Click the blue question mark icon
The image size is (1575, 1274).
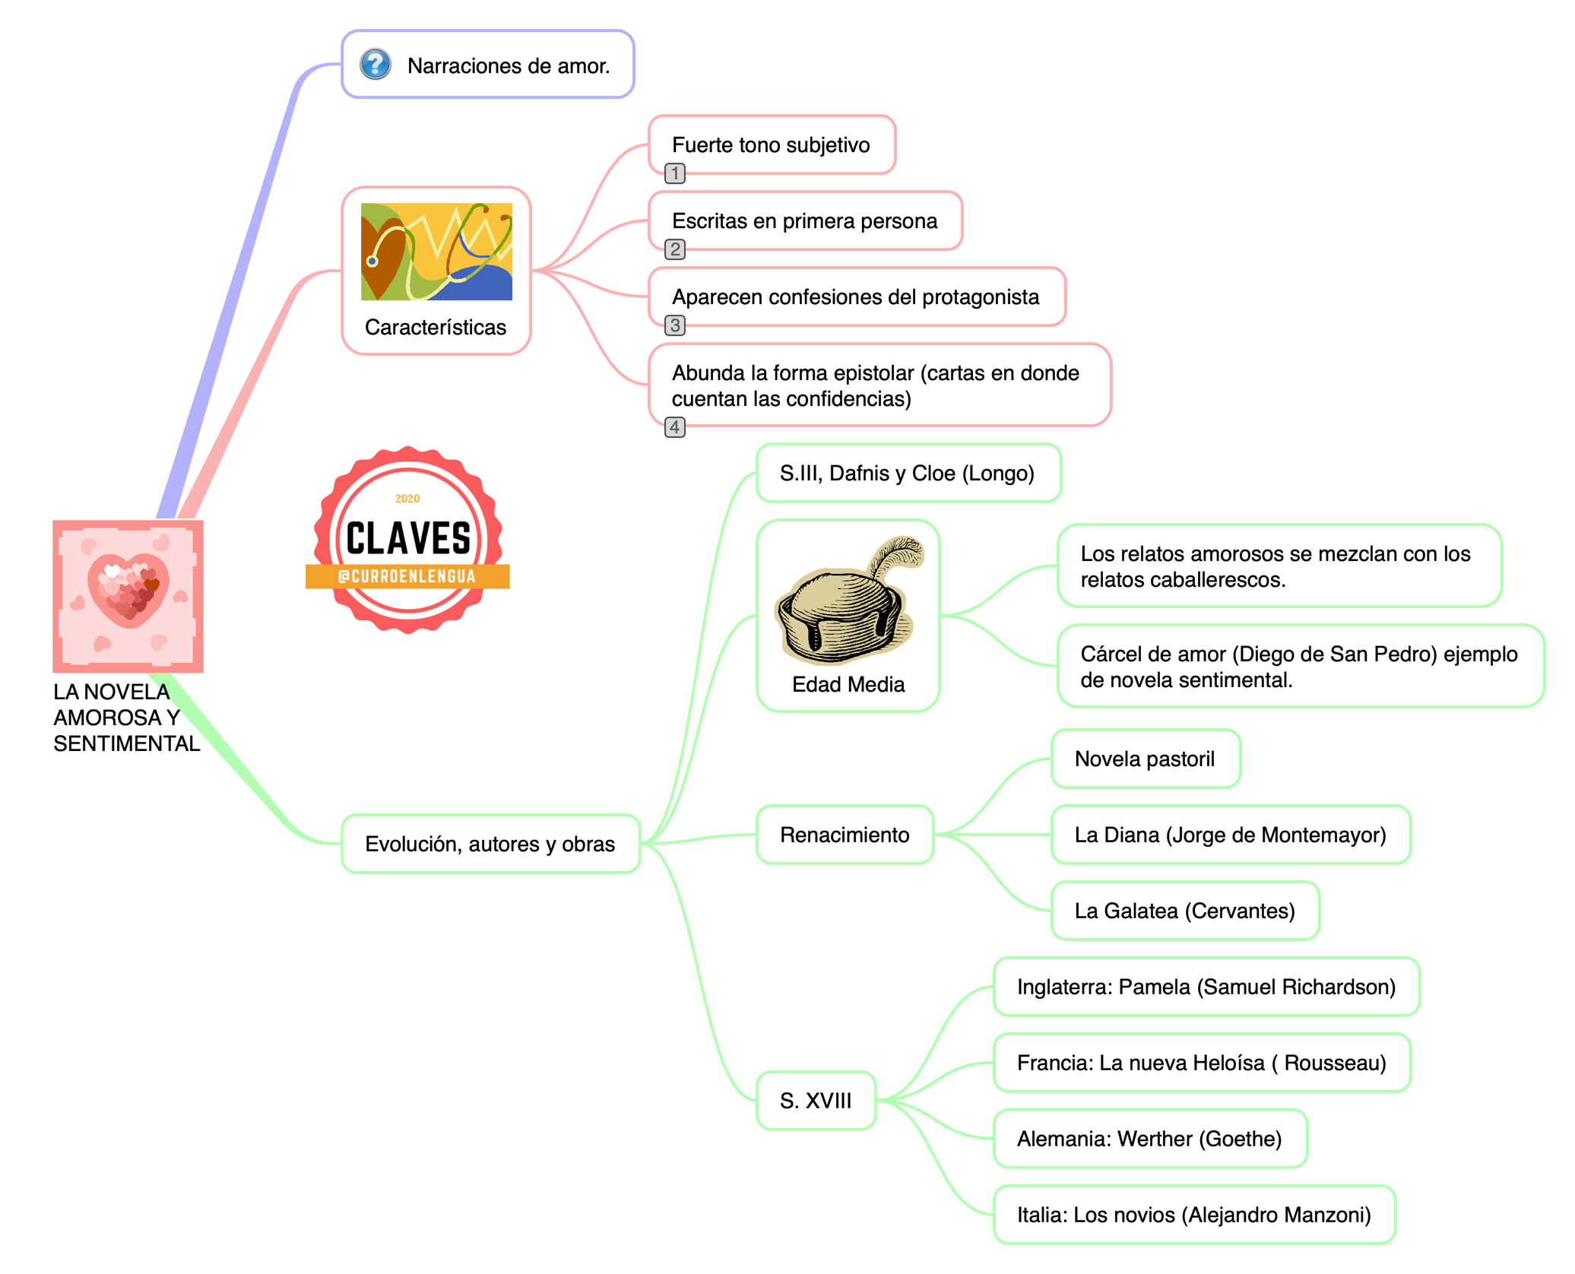click(376, 65)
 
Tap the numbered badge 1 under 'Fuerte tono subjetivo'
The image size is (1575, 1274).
click(674, 173)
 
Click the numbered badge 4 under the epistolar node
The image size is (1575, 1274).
click(674, 427)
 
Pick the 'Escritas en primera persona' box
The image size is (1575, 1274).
click(804, 221)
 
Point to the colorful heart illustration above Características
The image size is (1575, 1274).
click(436, 252)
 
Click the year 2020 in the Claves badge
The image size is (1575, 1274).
click(407, 499)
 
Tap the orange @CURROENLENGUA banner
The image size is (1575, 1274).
click(407, 576)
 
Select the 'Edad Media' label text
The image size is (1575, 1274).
click(848, 684)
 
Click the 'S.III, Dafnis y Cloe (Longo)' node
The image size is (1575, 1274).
click(907, 474)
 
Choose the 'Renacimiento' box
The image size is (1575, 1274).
click(845, 835)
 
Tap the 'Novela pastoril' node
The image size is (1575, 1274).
click(1145, 759)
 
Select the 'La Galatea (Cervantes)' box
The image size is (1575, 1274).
click(1184, 911)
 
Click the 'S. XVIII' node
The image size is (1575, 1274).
click(816, 1101)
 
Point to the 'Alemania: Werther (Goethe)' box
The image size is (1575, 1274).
click(1149, 1139)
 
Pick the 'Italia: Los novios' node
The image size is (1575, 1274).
click(1193, 1215)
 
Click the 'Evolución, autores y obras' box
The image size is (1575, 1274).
click(490, 844)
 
